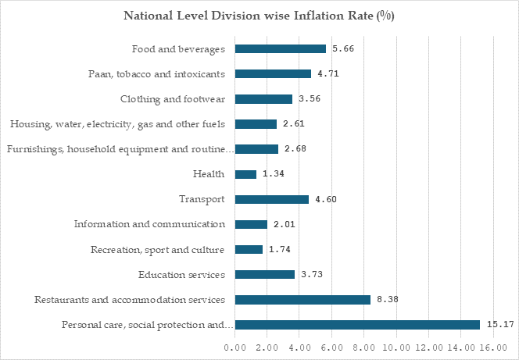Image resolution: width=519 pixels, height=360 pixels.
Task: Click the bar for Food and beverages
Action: (281, 49)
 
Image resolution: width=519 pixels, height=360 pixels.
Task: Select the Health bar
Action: (245, 174)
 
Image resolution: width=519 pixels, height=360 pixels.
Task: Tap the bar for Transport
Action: (272, 199)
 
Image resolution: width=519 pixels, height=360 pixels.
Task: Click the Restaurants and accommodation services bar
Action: (302, 300)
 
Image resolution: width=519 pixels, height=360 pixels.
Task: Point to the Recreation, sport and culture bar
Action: (249, 250)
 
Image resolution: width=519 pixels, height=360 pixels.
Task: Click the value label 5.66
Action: (343, 49)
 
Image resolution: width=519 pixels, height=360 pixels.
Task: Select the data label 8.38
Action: (388, 300)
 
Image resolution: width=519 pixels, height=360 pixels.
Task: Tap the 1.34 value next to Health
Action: (274, 174)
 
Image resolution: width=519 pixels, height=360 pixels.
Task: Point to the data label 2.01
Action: (285, 224)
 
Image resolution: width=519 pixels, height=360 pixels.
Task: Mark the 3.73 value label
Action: (312, 275)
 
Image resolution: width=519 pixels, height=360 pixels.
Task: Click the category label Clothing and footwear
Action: (173, 99)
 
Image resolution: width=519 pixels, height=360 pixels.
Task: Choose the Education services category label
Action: (181, 275)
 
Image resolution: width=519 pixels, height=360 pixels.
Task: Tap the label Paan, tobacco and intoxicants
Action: (156, 74)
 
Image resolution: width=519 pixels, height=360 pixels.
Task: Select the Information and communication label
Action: (149, 224)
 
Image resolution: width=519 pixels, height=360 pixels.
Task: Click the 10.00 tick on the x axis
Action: (396, 348)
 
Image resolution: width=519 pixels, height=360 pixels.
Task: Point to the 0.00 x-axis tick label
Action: (235, 348)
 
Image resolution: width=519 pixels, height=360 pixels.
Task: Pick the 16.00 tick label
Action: (493, 348)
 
